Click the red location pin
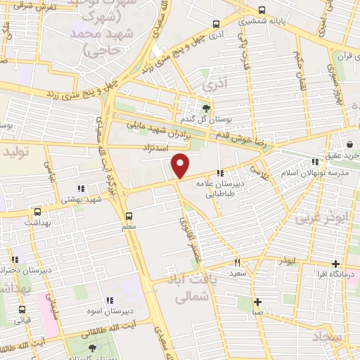coord(181,165)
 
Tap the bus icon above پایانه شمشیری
coord(262,10)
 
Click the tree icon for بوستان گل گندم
coord(206,108)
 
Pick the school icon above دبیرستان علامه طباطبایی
coord(220,172)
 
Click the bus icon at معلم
coord(129,216)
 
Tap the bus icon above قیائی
coord(23,309)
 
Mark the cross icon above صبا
coord(258,302)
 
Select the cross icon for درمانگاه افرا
coord(336,264)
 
